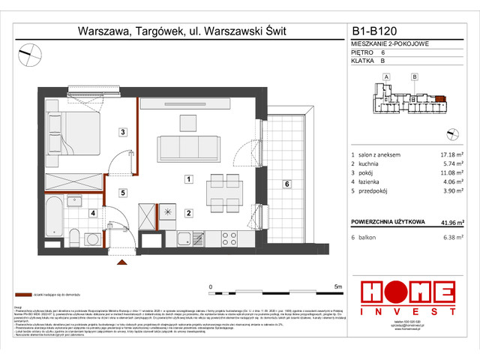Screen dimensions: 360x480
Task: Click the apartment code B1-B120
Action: (x=379, y=32)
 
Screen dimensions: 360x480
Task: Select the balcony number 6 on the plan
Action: (x=286, y=183)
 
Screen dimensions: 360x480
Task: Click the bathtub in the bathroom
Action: (x=56, y=216)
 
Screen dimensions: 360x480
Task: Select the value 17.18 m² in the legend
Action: (x=443, y=154)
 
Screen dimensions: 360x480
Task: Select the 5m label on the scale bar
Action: (x=337, y=286)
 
